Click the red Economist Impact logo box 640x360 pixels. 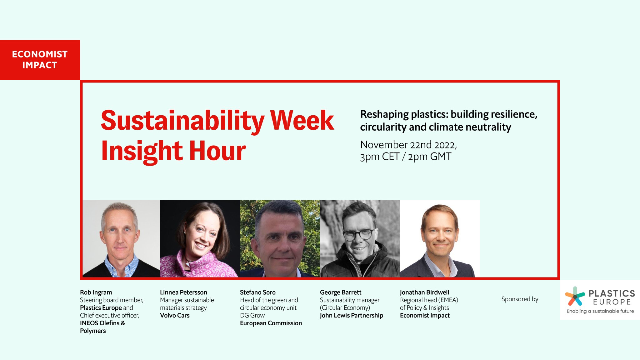(x=40, y=60)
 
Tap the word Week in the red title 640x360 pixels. (x=302, y=121)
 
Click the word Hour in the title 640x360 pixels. (x=217, y=151)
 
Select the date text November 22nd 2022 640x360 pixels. (x=408, y=145)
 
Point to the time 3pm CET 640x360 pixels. (x=379, y=157)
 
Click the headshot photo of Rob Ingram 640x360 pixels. (x=121, y=238)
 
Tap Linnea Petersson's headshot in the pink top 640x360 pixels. (x=200, y=238)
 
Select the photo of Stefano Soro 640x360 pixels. (x=280, y=238)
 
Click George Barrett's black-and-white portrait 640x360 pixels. (x=360, y=238)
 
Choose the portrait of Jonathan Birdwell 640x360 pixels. (x=440, y=238)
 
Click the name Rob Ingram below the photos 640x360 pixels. (x=96, y=292)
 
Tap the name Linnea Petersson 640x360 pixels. (x=183, y=292)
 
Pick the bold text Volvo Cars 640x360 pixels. (x=175, y=316)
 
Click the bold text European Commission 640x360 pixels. (x=271, y=323)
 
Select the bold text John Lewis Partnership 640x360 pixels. (x=351, y=316)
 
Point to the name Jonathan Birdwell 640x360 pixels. (x=424, y=292)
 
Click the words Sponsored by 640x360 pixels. (x=520, y=299)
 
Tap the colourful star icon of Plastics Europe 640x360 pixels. (x=575, y=296)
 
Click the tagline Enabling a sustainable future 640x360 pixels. (x=600, y=311)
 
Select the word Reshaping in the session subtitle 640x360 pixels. (x=384, y=114)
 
